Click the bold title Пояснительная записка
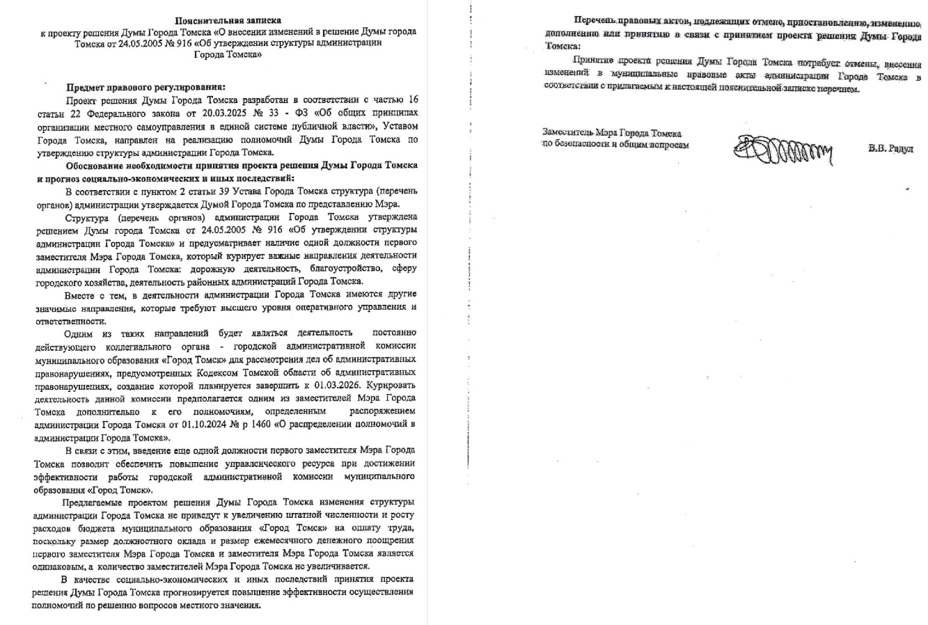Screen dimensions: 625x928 pyautogui.click(x=228, y=20)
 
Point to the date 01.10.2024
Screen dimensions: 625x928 pyautogui.click(x=200, y=424)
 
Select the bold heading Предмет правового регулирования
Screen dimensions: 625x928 pyautogui.click(x=146, y=88)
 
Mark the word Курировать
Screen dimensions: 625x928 pyautogui.click(x=389, y=384)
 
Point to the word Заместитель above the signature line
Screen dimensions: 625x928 pyautogui.click(x=564, y=133)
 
